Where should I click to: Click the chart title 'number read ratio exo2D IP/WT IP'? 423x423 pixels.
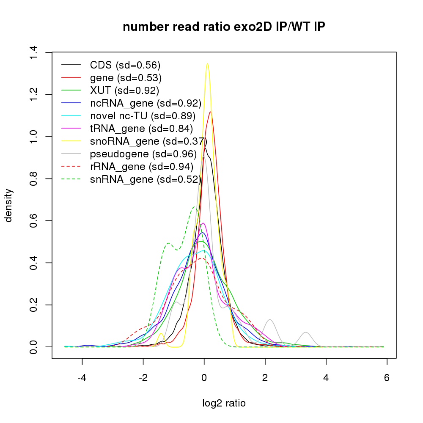(x=224, y=27)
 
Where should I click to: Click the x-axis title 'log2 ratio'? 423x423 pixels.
(x=224, y=403)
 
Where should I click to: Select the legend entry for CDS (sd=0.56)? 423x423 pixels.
(x=125, y=65)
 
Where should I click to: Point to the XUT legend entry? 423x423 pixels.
(x=124, y=91)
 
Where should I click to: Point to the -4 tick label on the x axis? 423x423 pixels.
(x=82, y=378)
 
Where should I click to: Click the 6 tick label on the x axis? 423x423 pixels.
(x=387, y=378)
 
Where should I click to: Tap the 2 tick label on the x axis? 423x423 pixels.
(x=265, y=378)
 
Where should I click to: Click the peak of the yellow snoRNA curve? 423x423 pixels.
(x=207, y=64)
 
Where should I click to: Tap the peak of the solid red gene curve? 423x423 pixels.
(x=210, y=112)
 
